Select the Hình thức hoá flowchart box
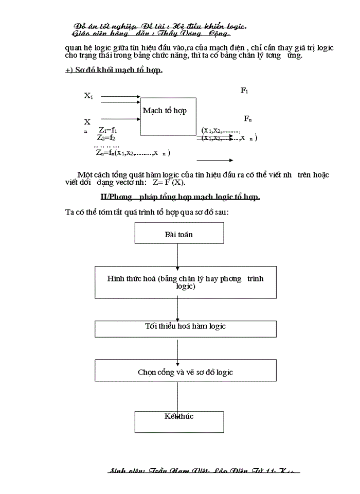(185, 282)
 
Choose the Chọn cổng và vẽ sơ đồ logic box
(185, 372)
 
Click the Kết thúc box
(179, 421)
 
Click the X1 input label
(88, 96)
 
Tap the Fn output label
(248, 119)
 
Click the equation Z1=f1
(108, 130)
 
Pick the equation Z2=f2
(106, 138)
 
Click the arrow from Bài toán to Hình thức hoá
(177, 255)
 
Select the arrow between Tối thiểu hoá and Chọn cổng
(177, 348)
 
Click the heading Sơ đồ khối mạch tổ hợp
(114, 70)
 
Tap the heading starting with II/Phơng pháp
(180, 197)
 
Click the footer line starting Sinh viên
(205, 471)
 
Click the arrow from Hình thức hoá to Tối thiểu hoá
(177, 309)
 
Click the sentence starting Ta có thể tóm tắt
(147, 212)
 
